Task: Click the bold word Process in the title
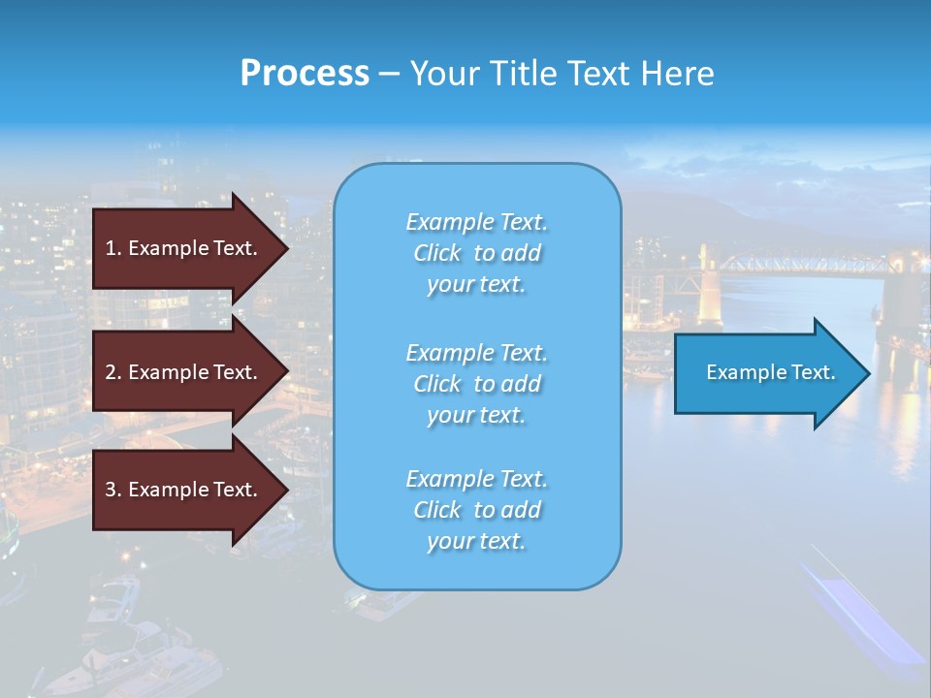(305, 74)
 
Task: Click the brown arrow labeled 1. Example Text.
(184, 248)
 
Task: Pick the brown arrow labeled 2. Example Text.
(184, 372)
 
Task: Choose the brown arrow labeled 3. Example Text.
(184, 490)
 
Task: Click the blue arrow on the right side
(766, 372)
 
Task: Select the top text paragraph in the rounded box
(476, 253)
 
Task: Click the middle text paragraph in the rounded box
(476, 384)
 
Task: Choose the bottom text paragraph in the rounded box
(476, 510)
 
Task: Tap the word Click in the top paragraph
(437, 253)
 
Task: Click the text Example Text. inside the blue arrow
(770, 372)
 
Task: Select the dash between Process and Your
(390, 74)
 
